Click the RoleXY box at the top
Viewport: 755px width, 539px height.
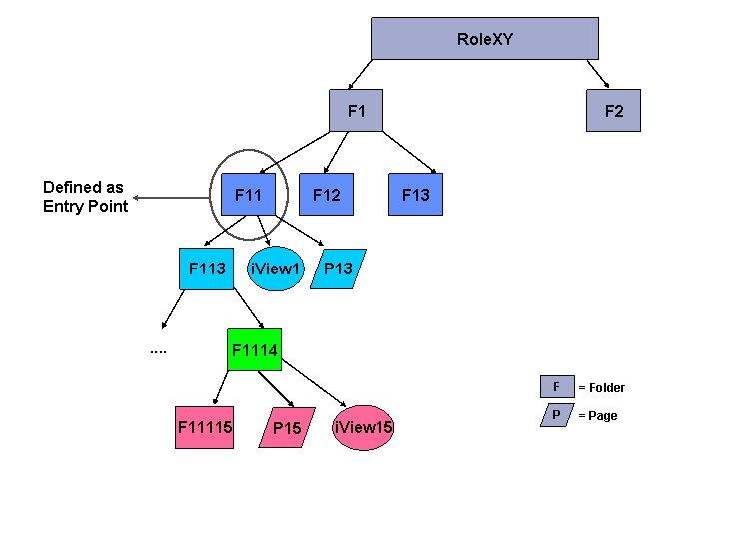click(484, 39)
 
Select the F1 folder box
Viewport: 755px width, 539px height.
click(356, 110)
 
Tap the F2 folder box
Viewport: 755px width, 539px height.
click(613, 110)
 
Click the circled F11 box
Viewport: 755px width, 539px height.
click(248, 194)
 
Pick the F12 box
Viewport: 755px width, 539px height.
click(326, 194)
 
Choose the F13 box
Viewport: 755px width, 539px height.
click(415, 194)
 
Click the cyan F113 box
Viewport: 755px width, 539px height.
click(206, 269)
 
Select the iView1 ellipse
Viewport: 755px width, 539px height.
click(275, 269)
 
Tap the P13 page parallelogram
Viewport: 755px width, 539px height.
click(338, 269)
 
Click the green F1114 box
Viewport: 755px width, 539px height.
click(254, 349)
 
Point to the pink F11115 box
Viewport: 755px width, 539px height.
click(204, 427)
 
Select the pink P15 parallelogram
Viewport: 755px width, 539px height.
click(287, 427)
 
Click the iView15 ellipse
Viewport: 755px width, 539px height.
click(364, 427)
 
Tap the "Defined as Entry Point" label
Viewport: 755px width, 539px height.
click(85, 197)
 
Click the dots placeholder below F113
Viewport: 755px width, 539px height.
click(158, 350)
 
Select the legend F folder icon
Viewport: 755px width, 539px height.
click(556, 387)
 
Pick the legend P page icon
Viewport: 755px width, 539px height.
click(556, 415)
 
